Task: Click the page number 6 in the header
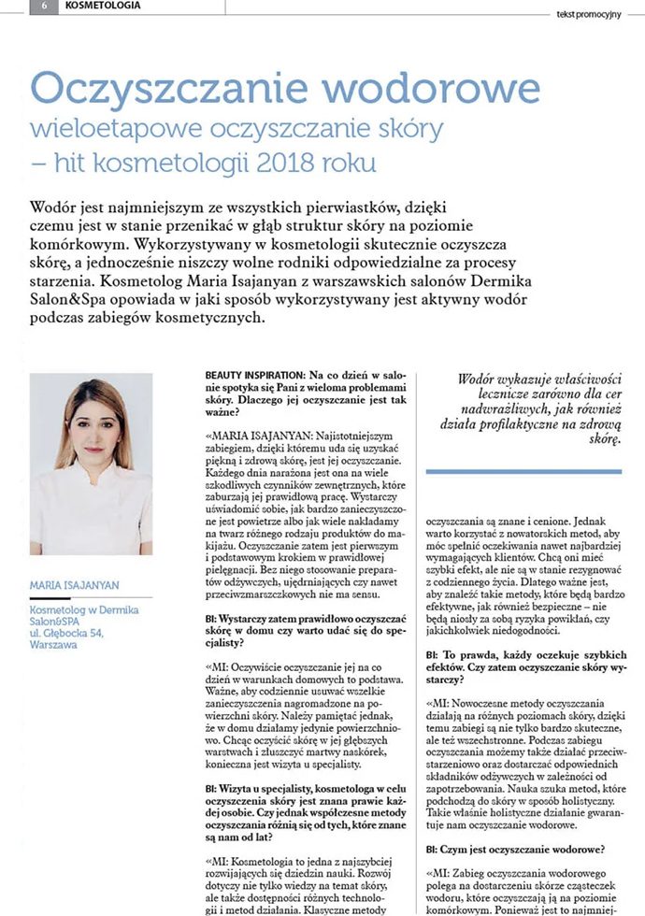(43, 6)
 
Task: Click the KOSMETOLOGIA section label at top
(104, 6)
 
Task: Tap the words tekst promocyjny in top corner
(588, 14)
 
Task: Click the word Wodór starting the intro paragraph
(55, 206)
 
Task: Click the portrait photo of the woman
(91, 464)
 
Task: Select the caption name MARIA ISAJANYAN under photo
(76, 586)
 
